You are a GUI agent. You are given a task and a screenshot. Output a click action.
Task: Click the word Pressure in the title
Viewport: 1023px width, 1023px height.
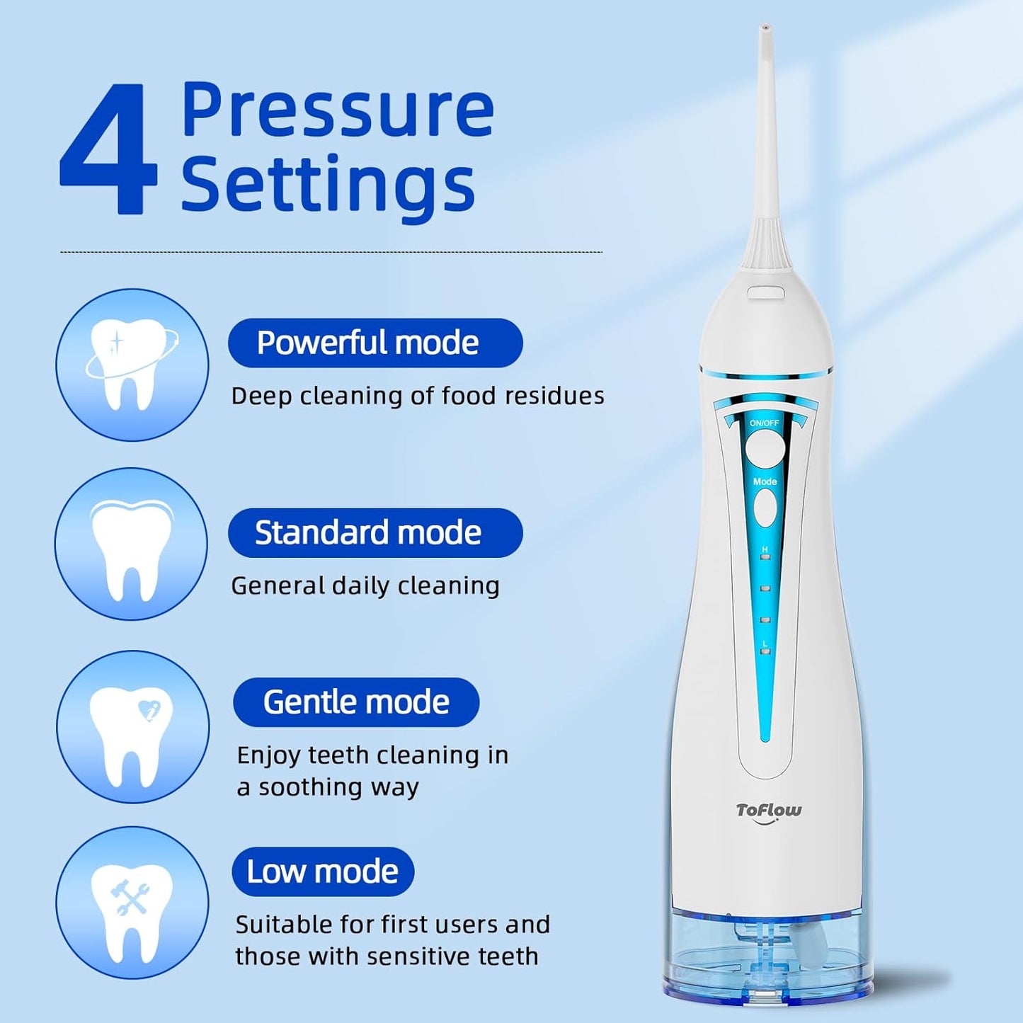tap(337, 110)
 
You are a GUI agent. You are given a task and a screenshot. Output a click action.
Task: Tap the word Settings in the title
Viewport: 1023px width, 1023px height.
tap(327, 185)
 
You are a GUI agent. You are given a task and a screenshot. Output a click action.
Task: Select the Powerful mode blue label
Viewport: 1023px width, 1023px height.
tap(375, 343)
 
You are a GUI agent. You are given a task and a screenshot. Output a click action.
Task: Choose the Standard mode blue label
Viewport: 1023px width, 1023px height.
tap(375, 533)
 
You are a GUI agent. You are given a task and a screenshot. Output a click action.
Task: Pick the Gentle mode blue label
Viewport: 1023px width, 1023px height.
tap(356, 702)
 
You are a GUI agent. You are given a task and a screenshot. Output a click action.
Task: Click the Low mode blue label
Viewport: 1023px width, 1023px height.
tap(323, 871)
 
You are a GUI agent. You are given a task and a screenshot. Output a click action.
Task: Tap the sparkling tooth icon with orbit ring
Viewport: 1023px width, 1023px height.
tap(132, 365)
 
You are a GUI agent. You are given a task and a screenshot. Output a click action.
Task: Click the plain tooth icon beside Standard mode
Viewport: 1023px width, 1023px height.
tap(132, 544)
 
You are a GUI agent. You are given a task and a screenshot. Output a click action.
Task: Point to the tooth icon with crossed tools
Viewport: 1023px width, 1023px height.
tap(132, 903)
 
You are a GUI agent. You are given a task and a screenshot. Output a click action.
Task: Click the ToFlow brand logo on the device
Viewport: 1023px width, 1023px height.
tap(768, 811)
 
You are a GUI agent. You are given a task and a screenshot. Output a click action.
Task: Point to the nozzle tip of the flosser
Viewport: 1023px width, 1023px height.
tap(765, 31)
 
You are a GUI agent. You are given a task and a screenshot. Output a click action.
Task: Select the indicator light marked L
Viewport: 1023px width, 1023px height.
tap(765, 651)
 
